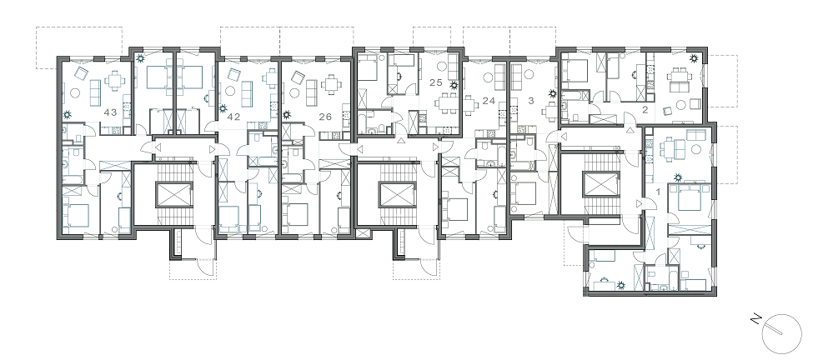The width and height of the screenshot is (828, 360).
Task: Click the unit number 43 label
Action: [x=110, y=112]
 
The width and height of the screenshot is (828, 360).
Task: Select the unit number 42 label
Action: [x=233, y=117]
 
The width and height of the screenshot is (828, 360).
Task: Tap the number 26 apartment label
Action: [x=325, y=117]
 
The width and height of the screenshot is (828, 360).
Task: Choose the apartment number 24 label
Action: [x=489, y=100]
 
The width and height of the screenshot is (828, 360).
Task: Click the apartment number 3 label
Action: [x=530, y=100]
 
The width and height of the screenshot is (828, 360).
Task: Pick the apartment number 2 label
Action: [x=645, y=110]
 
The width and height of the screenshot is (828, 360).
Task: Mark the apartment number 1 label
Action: [x=657, y=192]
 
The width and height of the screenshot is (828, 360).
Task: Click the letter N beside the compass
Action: [x=756, y=319]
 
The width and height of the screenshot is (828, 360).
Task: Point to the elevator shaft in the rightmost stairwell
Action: [x=598, y=184]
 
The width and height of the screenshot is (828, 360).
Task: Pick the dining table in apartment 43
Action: [x=114, y=81]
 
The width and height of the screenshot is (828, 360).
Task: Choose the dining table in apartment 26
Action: [x=331, y=84]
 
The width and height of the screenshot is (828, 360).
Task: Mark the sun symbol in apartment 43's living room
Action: [x=68, y=114]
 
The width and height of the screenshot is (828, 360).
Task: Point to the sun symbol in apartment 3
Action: [x=552, y=94]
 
